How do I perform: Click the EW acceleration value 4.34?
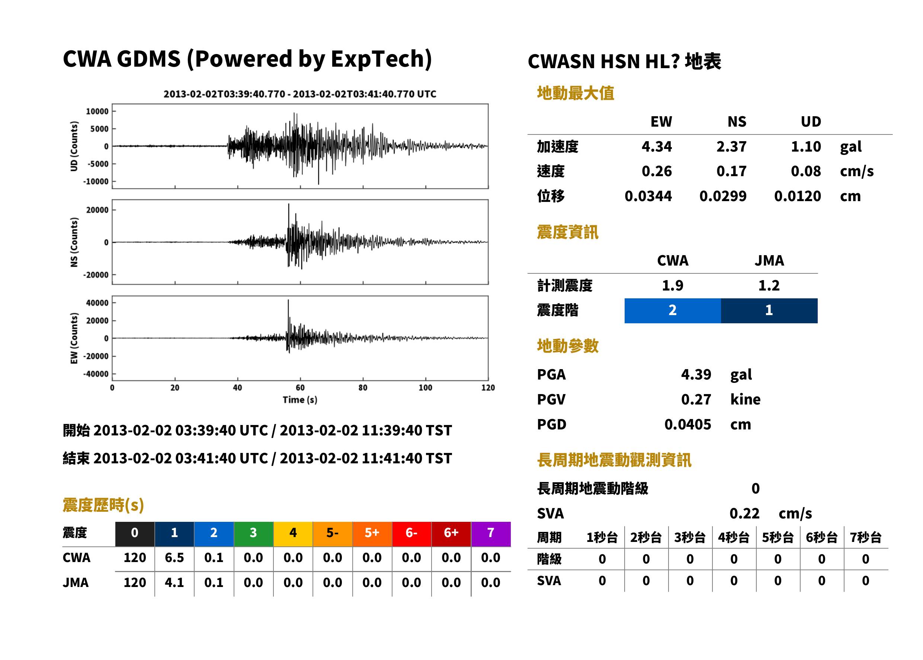tap(656, 147)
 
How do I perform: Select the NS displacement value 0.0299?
tap(723, 196)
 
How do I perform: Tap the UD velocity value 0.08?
tap(806, 171)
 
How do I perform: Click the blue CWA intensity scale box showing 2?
tap(673, 311)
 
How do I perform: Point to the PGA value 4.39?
tap(696, 374)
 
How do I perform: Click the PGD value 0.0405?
tap(688, 425)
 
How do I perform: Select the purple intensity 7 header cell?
tap(491, 533)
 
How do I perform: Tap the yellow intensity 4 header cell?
tap(293, 533)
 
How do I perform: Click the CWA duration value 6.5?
tap(174, 558)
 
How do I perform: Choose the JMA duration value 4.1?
tap(174, 583)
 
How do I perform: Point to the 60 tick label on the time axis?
tap(300, 388)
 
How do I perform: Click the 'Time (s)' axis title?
tap(300, 400)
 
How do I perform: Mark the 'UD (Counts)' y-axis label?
tap(74, 146)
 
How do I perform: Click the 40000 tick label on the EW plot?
tap(97, 303)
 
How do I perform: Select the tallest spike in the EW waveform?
tap(288, 300)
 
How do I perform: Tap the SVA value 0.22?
tap(744, 514)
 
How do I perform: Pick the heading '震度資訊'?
tap(567, 232)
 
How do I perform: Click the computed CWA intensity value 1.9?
tap(673, 286)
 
